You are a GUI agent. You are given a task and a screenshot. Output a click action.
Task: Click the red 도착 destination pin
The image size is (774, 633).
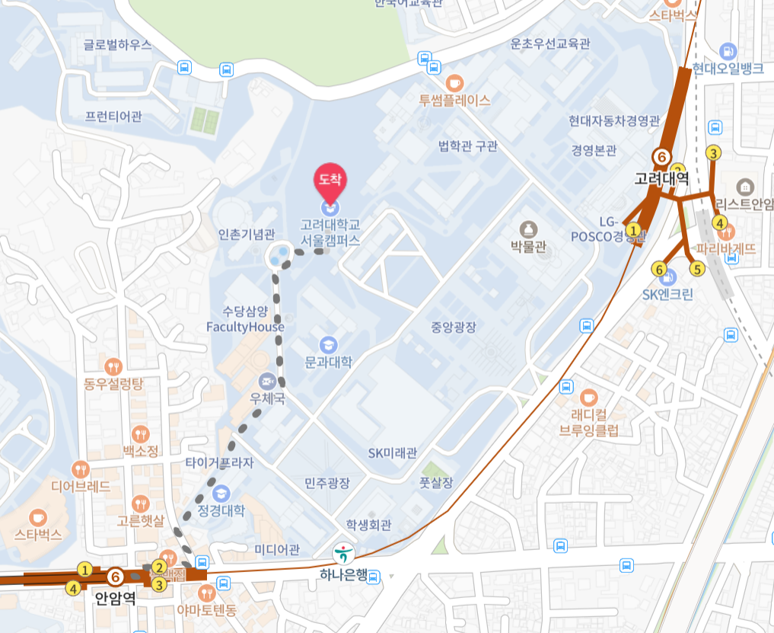330,181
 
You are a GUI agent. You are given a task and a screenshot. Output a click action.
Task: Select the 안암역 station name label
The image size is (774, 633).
116,598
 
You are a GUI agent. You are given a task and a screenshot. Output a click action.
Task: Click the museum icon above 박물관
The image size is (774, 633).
528,229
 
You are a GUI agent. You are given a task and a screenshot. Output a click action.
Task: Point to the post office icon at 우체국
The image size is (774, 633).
267,379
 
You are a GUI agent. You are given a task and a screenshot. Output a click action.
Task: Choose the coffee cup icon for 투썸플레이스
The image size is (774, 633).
454,82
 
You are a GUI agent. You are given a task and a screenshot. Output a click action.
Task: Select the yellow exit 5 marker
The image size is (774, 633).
696,268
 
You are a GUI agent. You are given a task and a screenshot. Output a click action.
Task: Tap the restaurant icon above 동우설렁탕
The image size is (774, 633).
114,366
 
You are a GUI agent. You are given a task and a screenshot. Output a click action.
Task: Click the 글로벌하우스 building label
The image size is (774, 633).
118,45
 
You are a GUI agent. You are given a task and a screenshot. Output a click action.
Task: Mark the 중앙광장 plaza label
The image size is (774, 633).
454,328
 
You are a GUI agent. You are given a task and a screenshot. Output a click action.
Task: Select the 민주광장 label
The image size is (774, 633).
327,483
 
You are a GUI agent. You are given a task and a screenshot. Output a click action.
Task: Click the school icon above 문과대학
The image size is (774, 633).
328,344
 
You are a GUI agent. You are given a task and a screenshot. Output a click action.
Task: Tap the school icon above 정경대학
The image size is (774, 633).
221,492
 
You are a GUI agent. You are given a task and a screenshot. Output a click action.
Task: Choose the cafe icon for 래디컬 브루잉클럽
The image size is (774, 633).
588,398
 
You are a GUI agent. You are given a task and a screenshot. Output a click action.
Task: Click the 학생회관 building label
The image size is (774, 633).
368,525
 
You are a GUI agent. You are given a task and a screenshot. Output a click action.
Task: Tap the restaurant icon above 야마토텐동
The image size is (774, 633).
206,593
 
